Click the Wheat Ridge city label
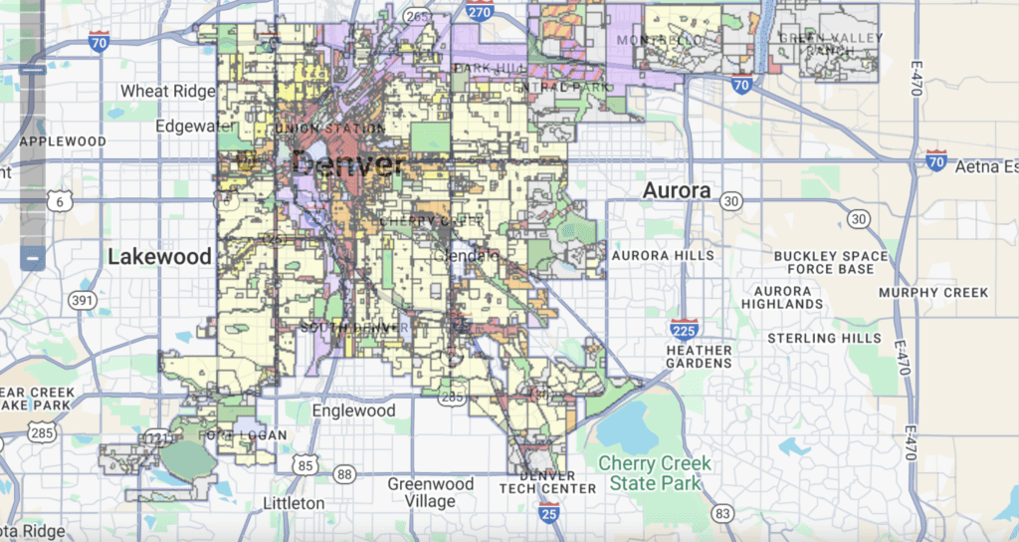coord(167,91)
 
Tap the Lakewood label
coord(159,256)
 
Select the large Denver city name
coord(347,163)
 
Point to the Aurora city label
coord(677,190)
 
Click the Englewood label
coord(353,410)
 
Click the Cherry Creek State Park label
coord(655,473)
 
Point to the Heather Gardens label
coord(700,357)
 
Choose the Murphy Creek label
coord(933,293)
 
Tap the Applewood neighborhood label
coord(63,141)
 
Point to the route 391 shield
coord(83,300)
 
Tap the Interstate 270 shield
coord(479,12)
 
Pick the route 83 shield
coord(722,513)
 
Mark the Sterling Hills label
coord(824,338)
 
